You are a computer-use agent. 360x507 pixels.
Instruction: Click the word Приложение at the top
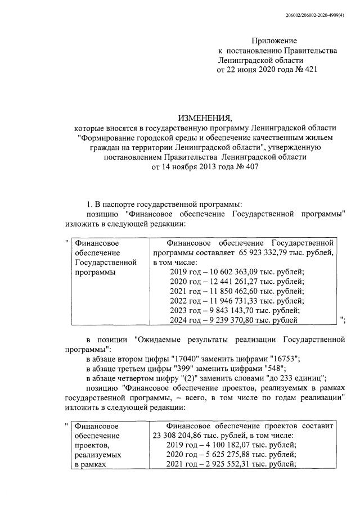point(274,41)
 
